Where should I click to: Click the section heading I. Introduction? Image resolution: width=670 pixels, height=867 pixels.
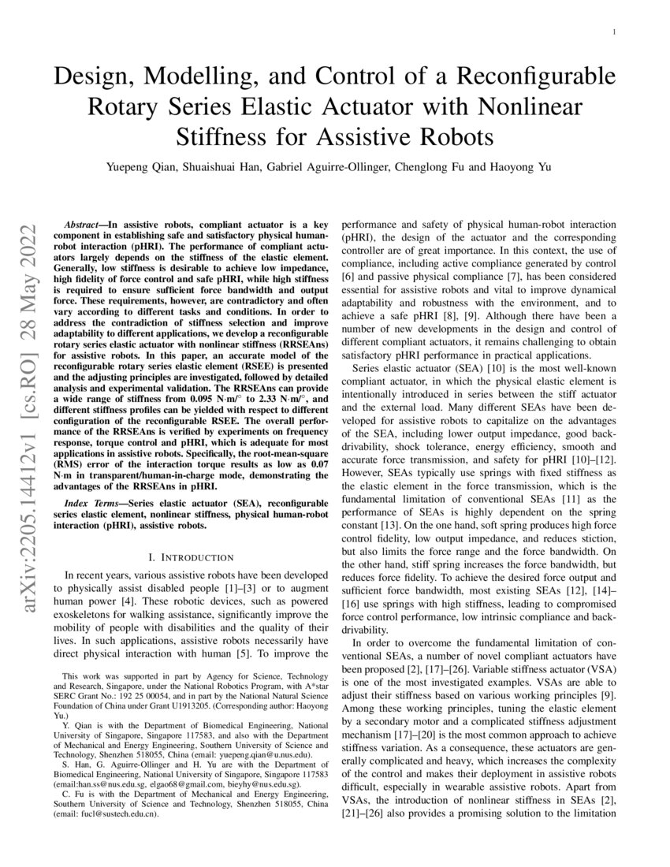pos(182,557)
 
